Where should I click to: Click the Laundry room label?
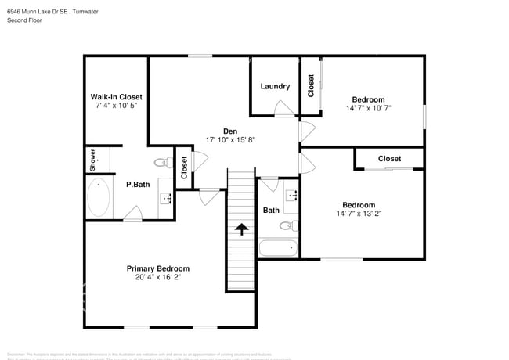[275, 86]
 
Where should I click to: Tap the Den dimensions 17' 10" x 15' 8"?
[230, 139]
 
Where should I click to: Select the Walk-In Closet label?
[116, 97]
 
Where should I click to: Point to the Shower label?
[92, 160]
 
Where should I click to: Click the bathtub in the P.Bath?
[98, 198]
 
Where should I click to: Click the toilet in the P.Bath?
[161, 164]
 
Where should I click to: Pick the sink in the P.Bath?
[166, 197]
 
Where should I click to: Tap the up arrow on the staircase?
[241, 229]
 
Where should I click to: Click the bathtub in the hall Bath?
[278, 250]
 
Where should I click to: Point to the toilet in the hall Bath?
[287, 226]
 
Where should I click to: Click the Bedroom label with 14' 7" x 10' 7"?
[368, 99]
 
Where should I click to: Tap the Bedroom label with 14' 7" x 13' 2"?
[359, 205]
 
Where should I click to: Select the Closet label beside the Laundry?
[311, 85]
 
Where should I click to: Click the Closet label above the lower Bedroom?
[389, 159]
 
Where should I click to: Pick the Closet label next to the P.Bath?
[185, 167]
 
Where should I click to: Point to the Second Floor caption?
[24, 20]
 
